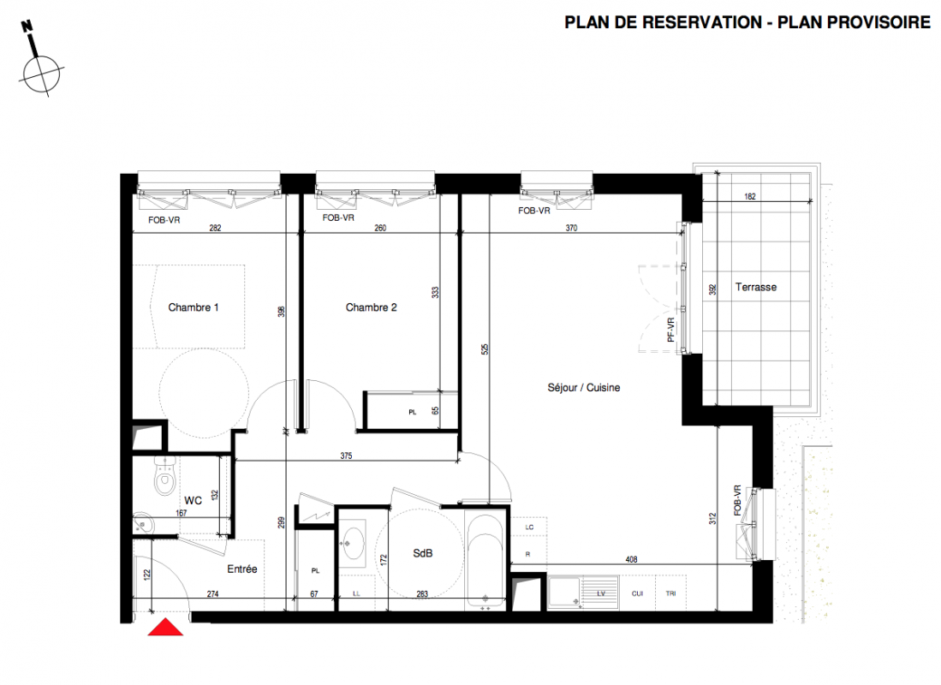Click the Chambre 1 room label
click(194, 307)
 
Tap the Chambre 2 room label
click(371, 307)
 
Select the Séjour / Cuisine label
click(583, 388)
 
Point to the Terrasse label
click(755, 287)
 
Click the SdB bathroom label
click(422, 553)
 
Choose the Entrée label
click(241, 569)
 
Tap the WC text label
click(193, 500)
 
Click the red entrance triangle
click(165, 628)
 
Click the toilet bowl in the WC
click(164, 476)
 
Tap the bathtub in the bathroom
click(485, 560)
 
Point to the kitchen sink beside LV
click(563, 592)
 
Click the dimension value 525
click(485, 348)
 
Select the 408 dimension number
click(631, 559)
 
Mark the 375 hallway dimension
click(346, 456)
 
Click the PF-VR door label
click(671, 331)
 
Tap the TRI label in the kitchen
click(671, 593)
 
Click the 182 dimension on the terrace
click(749, 196)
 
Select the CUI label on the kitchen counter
click(637, 593)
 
